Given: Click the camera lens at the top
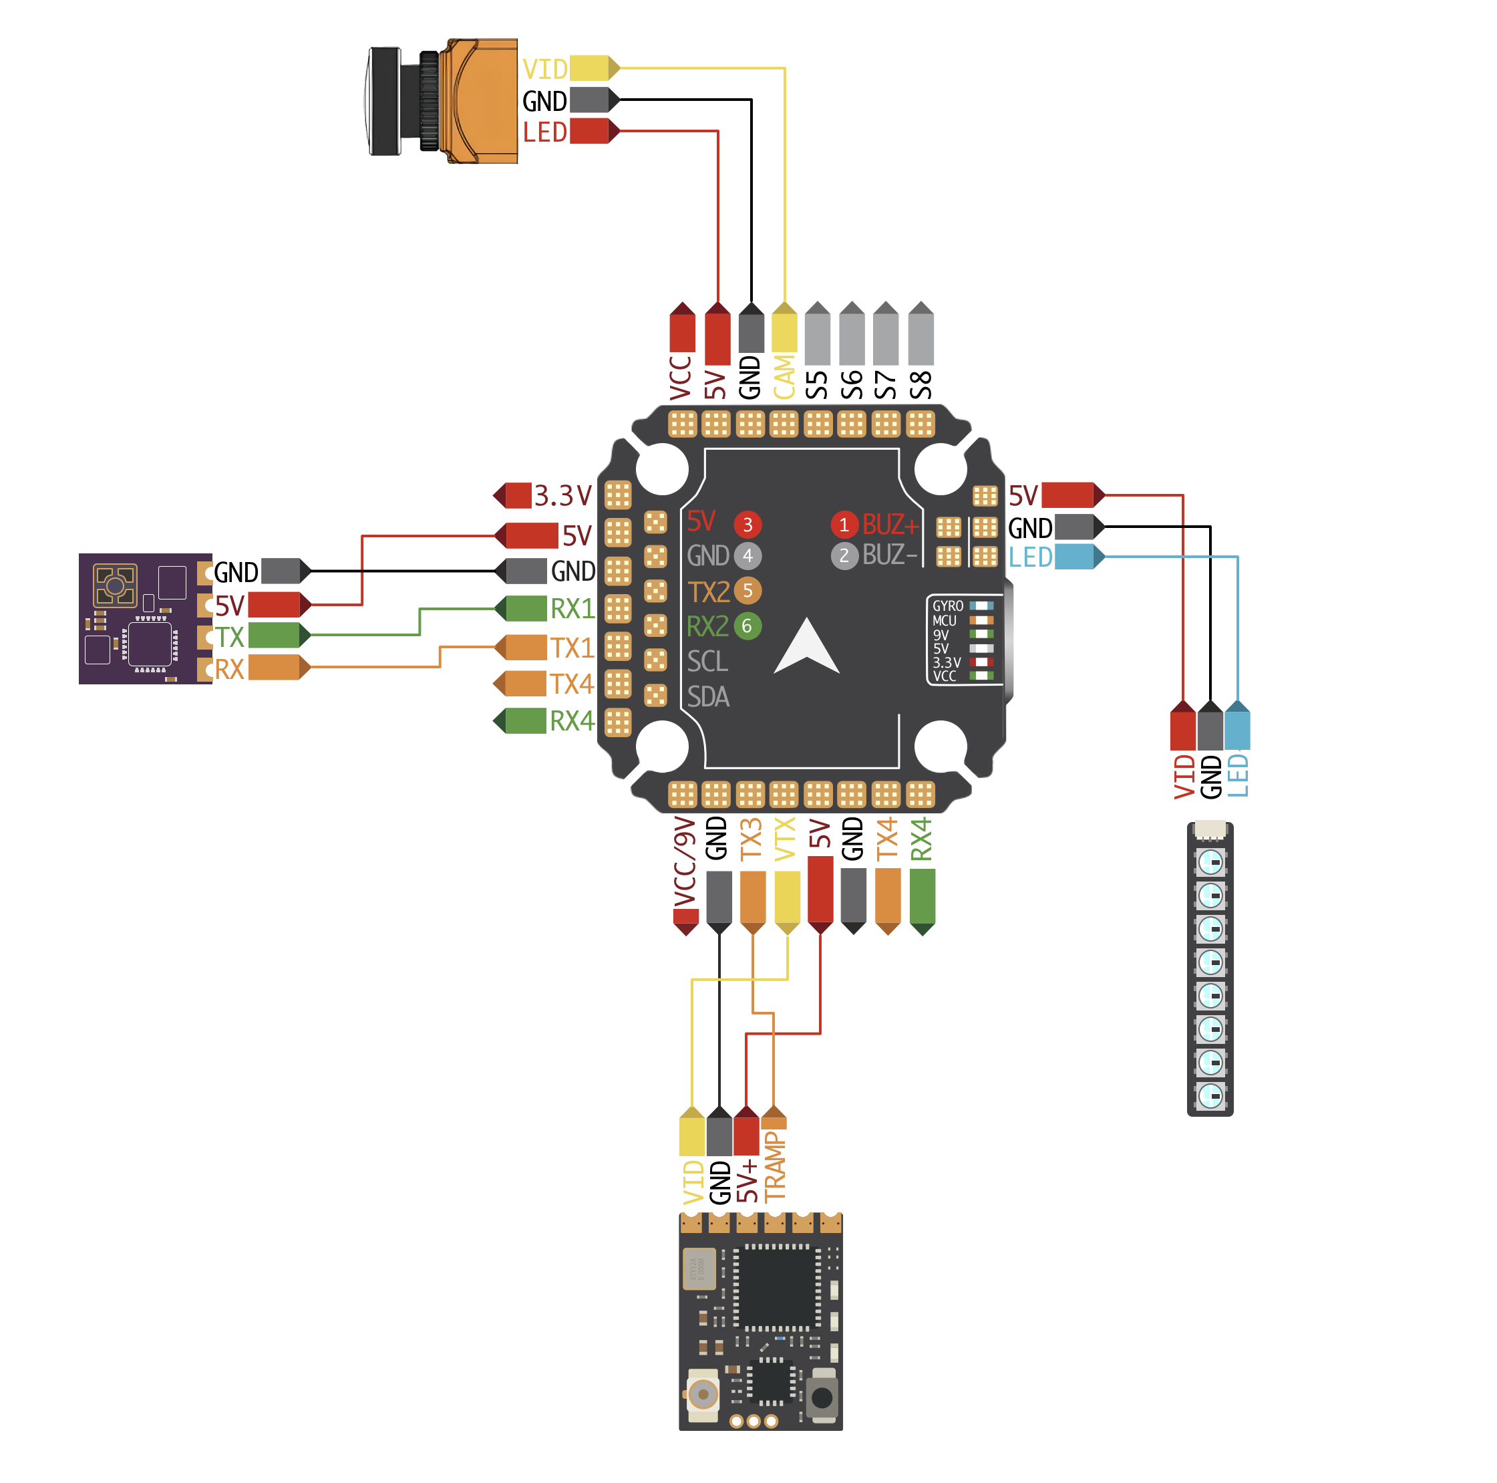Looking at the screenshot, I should (x=385, y=102).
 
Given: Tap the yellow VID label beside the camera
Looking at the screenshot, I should (x=544, y=70).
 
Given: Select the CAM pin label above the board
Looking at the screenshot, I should (x=784, y=378).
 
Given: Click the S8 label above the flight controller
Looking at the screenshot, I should (x=921, y=385).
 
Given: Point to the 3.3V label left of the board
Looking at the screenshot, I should (x=562, y=495).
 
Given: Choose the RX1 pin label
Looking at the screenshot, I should (x=572, y=610).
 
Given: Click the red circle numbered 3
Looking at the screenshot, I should (x=747, y=525).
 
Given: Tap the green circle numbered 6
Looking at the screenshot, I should (x=747, y=626).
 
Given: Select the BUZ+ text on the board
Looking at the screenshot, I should (x=890, y=525).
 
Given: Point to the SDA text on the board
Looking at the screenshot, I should (x=708, y=697).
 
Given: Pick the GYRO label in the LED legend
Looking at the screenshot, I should (x=948, y=606).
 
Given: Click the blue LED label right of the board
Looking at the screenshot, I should (x=1030, y=557).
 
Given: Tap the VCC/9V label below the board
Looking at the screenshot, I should (x=684, y=861).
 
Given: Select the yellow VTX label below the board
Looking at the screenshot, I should (x=786, y=839).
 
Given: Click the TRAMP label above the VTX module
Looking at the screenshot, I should (x=775, y=1167).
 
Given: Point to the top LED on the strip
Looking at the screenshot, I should (x=1210, y=861).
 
